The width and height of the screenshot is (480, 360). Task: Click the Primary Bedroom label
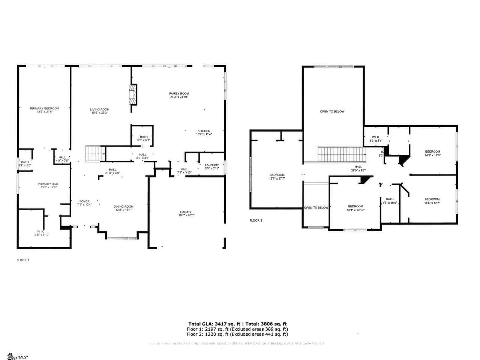pyautogui.click(x=45, y=108)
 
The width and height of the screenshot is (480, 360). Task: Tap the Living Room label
pyautogui.click(x=100, y=109)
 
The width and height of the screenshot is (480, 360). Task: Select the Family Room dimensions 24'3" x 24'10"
pyautogui.click(x=178, y=97)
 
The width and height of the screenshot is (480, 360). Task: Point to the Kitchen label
pyautogui.click(x=204, y=131)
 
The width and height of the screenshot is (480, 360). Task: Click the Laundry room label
pyautogui.click(x=212, y=165)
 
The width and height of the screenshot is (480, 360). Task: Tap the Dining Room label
pyautogui.click(x=123, y=207)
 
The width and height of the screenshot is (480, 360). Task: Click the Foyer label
pyautogui.click(x=84, y=201)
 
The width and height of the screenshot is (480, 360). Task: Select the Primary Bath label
pyautogui.click(x=48, y=184)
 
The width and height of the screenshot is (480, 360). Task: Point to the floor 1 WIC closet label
pyautogui.click(x=41, y=231)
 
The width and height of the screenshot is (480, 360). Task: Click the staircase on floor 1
pyautogui.click(x=95, y=154)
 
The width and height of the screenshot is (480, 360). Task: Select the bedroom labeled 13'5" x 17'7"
pyautogui.click(x=277, y=176)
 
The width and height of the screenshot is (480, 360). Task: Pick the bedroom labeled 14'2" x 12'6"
pyautogui.click(x=432, y=153)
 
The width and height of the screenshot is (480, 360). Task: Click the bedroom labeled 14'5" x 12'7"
pyautogui.click(x=432, y=201)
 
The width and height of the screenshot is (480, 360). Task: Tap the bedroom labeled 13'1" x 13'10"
pyautogui.click(x=355, y=208)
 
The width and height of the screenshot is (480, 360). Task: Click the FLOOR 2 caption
pyautogui.click(x=256, y=220)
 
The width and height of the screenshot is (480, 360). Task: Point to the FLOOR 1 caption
pyautogui.click(x=23, y=260)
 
